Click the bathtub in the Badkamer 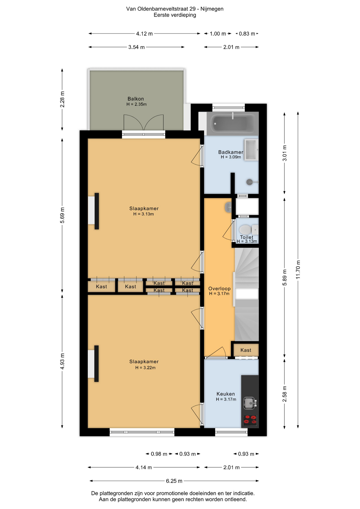click(232, 123)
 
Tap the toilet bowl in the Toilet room click(245, 230)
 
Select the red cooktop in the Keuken click(250, 420)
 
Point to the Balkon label click(136, 99)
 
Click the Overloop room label click(219, 289)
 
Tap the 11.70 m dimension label click(298, 269)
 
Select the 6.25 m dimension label click(174, 481)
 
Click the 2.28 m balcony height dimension click(62, 99)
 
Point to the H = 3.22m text click(145, 368)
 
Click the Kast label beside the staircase click(246, 350)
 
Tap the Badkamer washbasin click(251, 150)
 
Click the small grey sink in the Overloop click(228, 207)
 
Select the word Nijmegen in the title click(212, 9)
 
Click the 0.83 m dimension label click(247, 34)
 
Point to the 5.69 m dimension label click(62, 215)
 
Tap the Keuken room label click(226, 394)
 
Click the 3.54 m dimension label click(137, 47)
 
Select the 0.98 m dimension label click(159, 454)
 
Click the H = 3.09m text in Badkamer click(231, 157)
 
